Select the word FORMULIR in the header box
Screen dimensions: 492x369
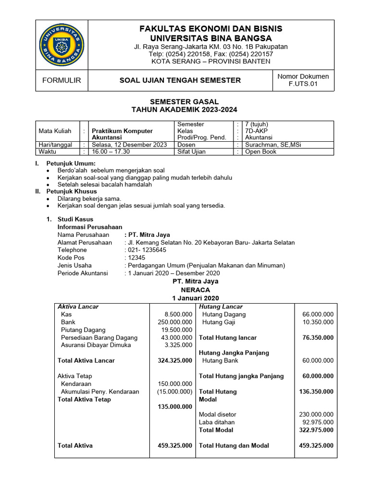(x=61, y=80)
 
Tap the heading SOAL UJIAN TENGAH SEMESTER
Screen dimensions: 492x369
(x=180, y=80)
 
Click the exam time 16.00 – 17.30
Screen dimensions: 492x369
(x=111, y=151)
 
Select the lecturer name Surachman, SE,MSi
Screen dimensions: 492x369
(x=273, y=145)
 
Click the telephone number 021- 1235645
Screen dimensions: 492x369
(x=146, y=250)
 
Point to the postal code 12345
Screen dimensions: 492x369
(x=134, y=258)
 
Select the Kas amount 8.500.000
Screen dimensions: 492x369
(x=178, y=314)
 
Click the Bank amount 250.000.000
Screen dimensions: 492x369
(x=175, y=322)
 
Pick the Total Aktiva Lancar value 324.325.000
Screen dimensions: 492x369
(x=175, y=360)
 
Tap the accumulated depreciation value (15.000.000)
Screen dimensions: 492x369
(x=175, y=392)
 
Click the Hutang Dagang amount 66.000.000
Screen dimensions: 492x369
(x=318, y=314)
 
